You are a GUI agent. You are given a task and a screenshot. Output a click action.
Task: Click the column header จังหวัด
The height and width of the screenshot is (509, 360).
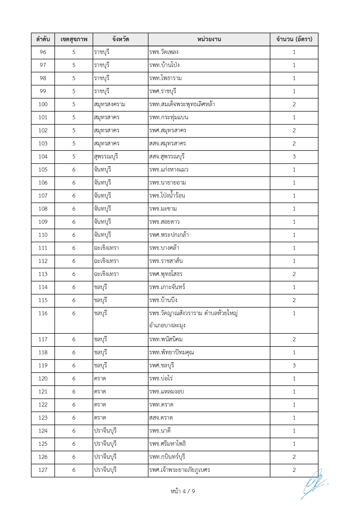pyautogui.click(x=120, y=39)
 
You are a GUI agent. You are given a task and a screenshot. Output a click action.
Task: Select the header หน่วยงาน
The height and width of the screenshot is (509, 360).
pyautogui.click(x=209, y=39)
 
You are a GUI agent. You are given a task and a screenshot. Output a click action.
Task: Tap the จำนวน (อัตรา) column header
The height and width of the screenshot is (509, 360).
pyautogui.click(x=294, y=39)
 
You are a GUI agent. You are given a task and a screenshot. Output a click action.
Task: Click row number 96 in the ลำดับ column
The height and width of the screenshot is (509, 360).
pyautogui.click(x=43, y=52)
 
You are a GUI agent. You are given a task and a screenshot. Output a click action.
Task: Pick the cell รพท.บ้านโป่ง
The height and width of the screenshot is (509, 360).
pyautogui.click(x=164, y=65)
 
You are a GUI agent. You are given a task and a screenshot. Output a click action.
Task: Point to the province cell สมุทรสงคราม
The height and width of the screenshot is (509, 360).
pyautogui.click(x=110, y=104)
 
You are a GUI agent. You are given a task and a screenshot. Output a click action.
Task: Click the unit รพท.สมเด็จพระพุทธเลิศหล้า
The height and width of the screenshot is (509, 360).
pyautogui.click(x=182, y=104)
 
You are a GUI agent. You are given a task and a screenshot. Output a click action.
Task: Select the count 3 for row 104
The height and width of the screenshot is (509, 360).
pyautogui.click(x=294, y=157)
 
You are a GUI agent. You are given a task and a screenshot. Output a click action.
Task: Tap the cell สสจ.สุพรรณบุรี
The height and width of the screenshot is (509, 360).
pyautogui.click(x=167, y=157)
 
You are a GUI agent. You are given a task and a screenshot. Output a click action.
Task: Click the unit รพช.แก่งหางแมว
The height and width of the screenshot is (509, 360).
pyautogui.click(x=169, y=170)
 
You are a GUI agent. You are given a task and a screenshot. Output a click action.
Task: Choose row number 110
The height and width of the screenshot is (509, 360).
pyautogui.click(x=43, y=235)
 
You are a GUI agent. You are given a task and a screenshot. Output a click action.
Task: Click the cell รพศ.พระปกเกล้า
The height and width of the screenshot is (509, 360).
pyautogui.click(x=169, y=235)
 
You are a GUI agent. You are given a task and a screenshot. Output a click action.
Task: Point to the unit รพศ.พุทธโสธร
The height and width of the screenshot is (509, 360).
pyautogui.click(x=166, y=274)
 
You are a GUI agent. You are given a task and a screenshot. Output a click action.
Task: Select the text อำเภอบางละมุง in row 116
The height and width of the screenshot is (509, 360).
pyautogui.click(x=167, y=326)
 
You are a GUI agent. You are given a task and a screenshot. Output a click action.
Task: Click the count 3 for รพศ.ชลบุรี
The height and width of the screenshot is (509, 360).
pyautogui.click(x=294, y=366)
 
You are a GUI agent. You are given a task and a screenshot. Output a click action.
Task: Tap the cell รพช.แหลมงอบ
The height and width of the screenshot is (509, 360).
pyautogui.click(x=167, y=392)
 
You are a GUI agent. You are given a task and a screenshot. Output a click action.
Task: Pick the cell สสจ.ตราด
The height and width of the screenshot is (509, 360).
pyautogui.click(x=161, y=418)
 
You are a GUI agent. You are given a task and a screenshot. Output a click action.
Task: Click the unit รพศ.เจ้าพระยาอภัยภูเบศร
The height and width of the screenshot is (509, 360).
pyautogui.click(x=180, y=470)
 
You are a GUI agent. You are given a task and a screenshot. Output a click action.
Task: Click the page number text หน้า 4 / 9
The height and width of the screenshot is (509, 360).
pyautogui.click(x=183, y=491)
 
